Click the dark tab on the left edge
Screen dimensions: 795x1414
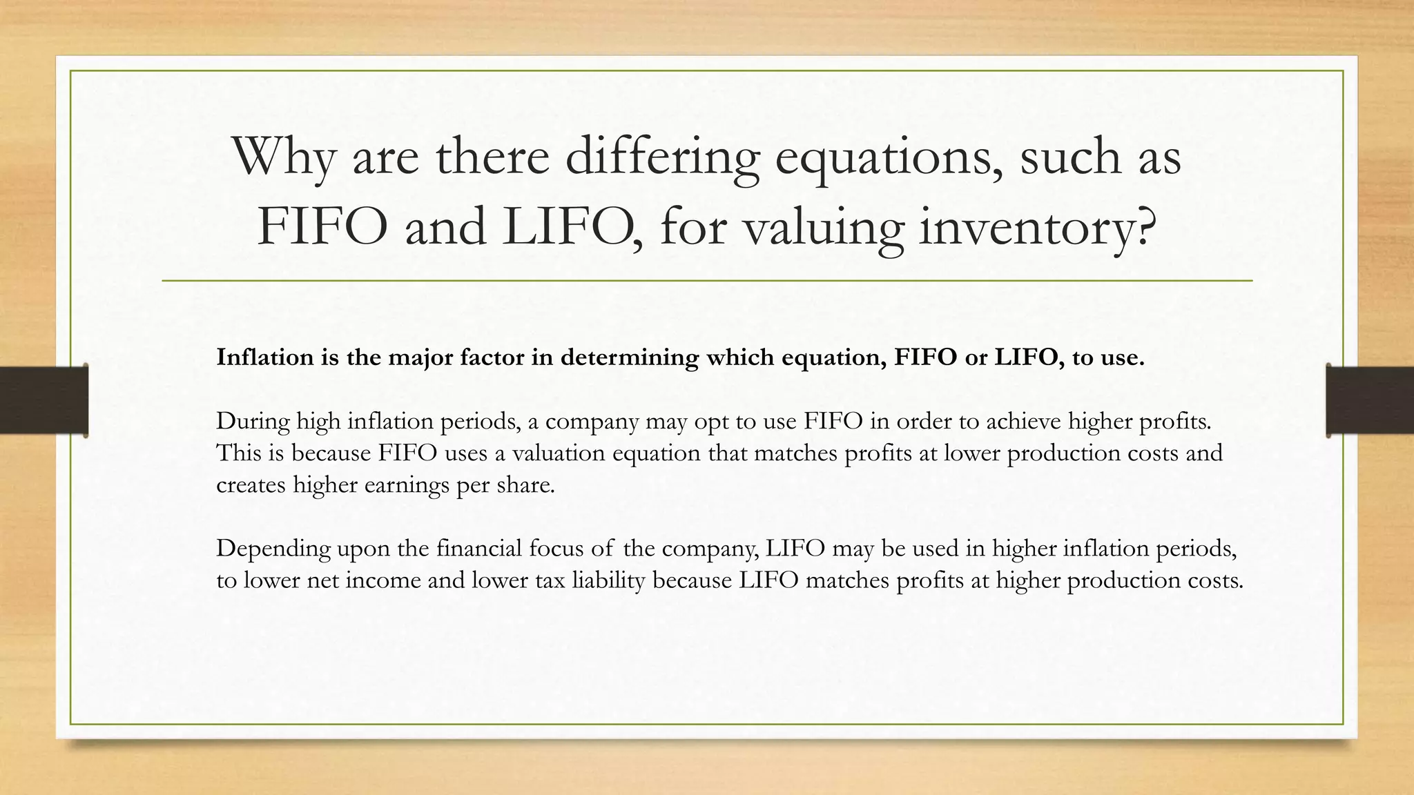(x=43, y=400)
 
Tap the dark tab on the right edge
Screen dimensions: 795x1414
(x=1370, y=400)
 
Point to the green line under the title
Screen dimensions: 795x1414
(x=707, y=281)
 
